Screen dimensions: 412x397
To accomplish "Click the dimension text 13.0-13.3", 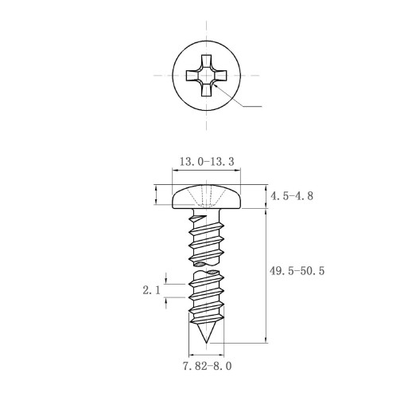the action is (x=207, y=162).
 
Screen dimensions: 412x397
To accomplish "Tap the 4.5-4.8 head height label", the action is (x=292, y=196).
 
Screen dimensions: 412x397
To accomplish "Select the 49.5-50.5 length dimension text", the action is (x=297, y=271).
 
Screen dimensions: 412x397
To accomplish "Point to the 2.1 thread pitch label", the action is (x=151, y=290).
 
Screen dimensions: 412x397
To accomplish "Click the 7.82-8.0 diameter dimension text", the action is (x=207, y=366).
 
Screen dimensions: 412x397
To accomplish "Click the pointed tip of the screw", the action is (x=206, y=343).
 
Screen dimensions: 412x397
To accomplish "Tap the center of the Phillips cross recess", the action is (x=206, y=76).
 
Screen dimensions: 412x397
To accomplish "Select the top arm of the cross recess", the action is (x=206, y=61).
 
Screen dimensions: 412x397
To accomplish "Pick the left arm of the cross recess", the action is (x=192, y=76).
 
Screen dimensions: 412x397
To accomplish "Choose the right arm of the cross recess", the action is (x=220, y=76).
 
